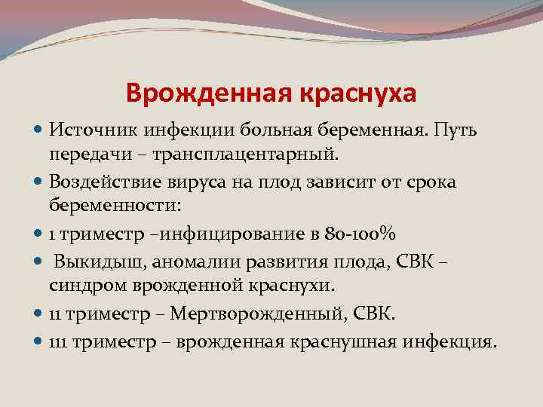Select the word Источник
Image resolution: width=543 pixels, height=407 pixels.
point(92,130)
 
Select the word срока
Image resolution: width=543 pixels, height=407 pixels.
point(430,182)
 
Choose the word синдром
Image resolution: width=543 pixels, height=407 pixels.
point(82,285)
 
